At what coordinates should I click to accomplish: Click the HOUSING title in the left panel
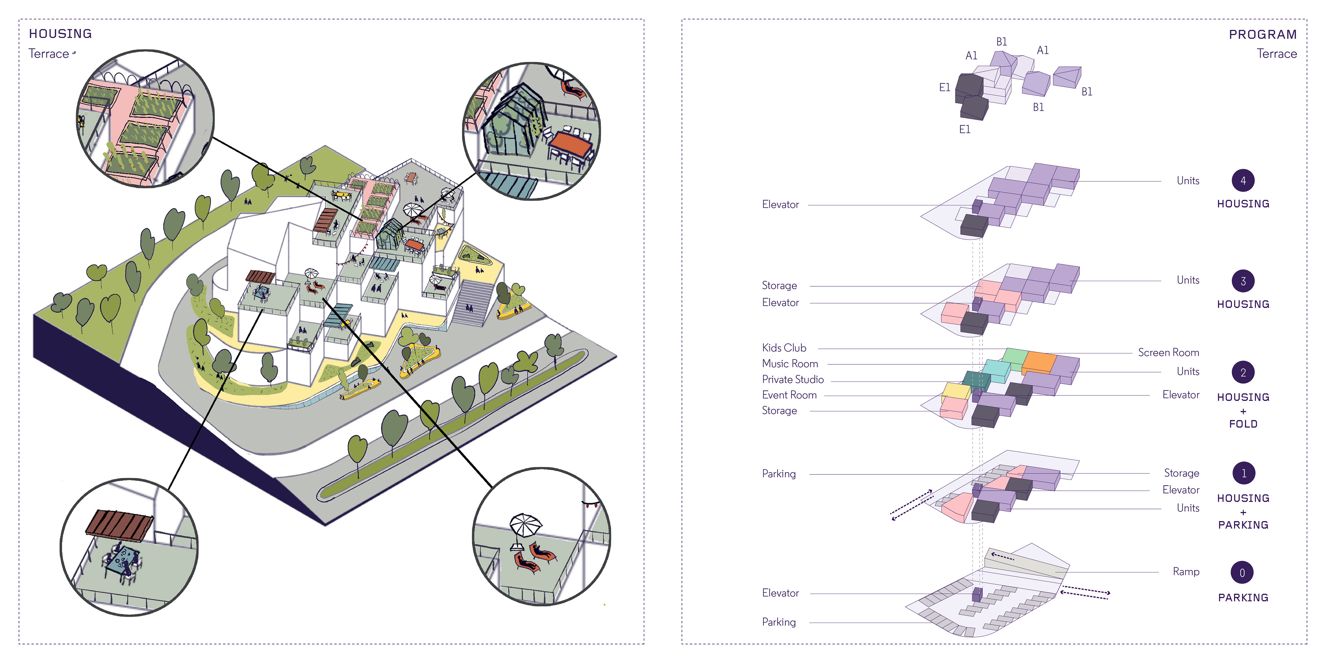(x=60, y=34)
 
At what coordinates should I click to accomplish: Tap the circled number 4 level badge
(x=1243, y=181)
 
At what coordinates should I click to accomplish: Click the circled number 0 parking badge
(x=1242, y=573)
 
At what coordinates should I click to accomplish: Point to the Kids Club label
(x=784, y=348)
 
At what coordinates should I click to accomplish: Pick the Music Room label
(x=790, y=364)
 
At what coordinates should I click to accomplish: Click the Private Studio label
(x=793, y=379)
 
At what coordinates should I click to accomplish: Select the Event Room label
(x=789, y=395)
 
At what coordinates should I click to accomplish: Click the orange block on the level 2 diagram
(x=1038, y=362)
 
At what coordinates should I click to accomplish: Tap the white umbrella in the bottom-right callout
(x=525, y=525)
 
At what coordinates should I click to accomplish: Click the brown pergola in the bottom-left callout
(x=119, y=525)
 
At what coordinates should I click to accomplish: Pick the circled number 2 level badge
(x=1243, y=373)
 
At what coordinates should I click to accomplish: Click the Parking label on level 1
(x=778, y=473)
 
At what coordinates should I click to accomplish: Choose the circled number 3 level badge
(x=1243, y=281)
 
